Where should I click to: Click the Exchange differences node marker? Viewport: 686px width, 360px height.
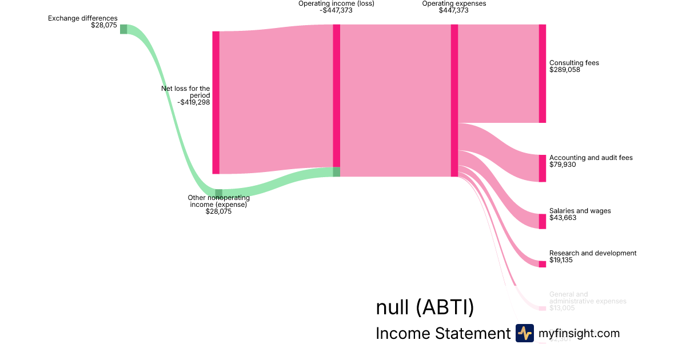tap(123, 29)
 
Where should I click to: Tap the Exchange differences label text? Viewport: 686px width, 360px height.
tap(82, 18)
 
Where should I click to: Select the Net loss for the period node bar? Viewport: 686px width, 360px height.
tap(216, 102)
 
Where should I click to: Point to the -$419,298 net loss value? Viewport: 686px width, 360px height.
tap(194, 102)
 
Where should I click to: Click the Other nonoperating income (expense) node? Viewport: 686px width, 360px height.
tap(218, 194)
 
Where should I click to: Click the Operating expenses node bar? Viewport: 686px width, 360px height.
tap(454, 100)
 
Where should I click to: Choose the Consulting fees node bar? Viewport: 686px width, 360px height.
tap(542, 73)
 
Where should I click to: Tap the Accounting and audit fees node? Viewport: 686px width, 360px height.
tap(542, 168)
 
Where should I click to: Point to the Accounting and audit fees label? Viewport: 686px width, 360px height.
tap(591, 158)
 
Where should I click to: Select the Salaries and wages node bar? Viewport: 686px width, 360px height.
tap(542, 221)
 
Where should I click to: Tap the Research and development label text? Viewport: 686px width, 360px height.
tap(592, 253)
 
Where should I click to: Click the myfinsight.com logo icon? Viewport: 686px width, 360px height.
tap(524, 333)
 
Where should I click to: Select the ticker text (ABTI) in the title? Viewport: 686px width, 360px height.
tap(445, 307)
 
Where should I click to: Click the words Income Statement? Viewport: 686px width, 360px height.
tap(442, 334)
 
